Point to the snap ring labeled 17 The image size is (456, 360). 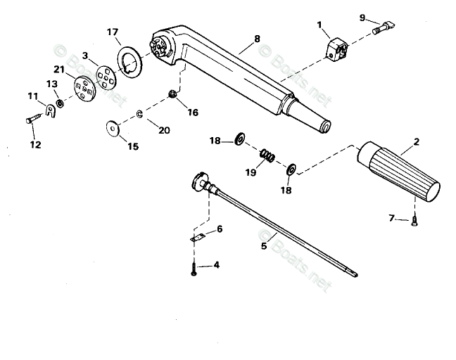(x=129, y=60)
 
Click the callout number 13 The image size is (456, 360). (x=51, y=84)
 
